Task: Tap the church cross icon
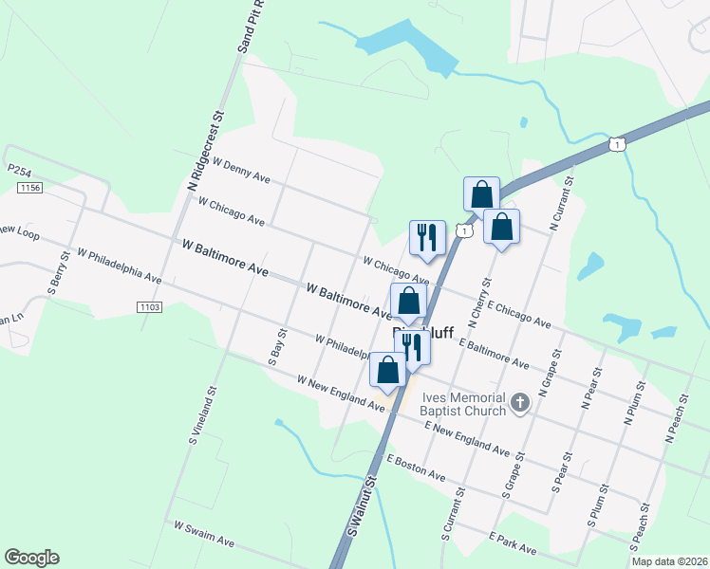point(519,404)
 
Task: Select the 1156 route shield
point(29,188)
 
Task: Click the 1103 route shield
point(149,306)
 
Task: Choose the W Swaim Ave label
point(204,532)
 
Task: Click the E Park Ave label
point(514,543)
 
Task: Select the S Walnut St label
point(362,508)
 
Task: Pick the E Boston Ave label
point(416,466)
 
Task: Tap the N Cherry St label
point(476,301)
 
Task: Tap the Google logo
point(31,558)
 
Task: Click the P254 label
point(19,169)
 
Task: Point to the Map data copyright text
point(669,561)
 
